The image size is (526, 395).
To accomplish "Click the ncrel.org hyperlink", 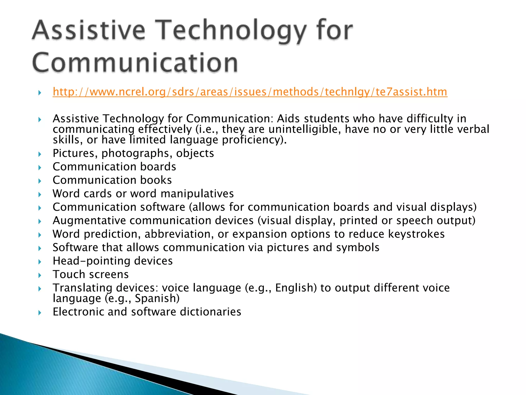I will point(250,92).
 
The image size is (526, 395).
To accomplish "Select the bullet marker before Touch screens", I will point(40,275).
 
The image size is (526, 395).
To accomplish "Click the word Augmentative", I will point(89,221).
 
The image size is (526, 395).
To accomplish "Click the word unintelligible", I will point(305,129).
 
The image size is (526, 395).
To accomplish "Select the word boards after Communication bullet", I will point(158,167).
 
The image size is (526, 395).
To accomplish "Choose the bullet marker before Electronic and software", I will point(40,313).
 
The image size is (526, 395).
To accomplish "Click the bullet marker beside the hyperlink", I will point(40,93).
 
